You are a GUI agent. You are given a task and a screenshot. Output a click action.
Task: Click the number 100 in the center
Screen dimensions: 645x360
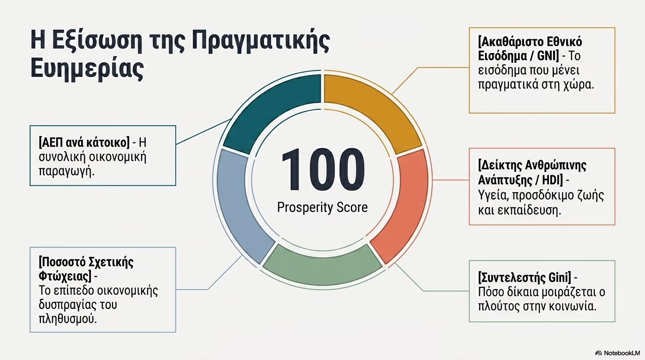[x=323, y=169]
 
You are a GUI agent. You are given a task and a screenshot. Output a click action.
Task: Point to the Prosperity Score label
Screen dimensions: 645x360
[x=322, y=207]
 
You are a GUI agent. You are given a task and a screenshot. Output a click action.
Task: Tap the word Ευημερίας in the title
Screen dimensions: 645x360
[x=87, y=68]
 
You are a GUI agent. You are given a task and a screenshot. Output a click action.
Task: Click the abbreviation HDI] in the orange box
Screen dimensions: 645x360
[x=552, y=180]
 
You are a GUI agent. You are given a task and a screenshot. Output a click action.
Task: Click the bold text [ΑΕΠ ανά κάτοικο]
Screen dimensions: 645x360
[x=84, y=142]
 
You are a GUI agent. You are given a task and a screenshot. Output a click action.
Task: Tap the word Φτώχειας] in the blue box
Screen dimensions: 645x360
[x=65, y=277]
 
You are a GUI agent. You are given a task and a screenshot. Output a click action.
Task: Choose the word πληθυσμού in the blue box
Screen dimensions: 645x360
[x=67, y=319]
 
